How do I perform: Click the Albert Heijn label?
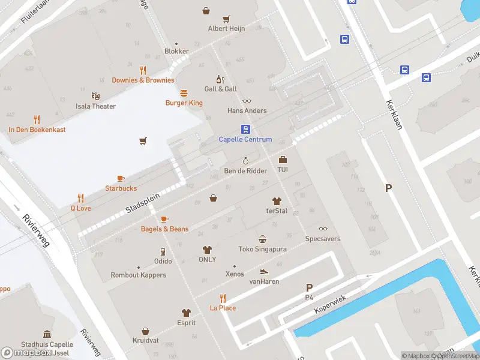(x=226, y=28)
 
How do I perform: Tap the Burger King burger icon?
(x=184, y=93)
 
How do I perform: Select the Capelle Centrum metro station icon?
(x=245, y=129)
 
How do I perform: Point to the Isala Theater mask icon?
(x=95, y=96)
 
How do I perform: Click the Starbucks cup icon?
(x=121, y=178)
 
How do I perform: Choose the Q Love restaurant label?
(x=80, y=208)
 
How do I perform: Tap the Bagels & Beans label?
(x=164, y=229)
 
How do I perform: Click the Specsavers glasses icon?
(x=323, y=229)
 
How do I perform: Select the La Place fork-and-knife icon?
(x=223, y=298)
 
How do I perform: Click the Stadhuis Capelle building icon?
(x=47, y=334)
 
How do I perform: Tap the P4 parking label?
(x=309, y=297)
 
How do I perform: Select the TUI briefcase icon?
(x=283, y=160)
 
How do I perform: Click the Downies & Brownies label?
(x=143, y=80)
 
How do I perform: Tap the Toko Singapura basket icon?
(x=262, y=239)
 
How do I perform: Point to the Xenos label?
(x=235, y=274)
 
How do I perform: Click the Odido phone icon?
(x=163, y=251)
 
